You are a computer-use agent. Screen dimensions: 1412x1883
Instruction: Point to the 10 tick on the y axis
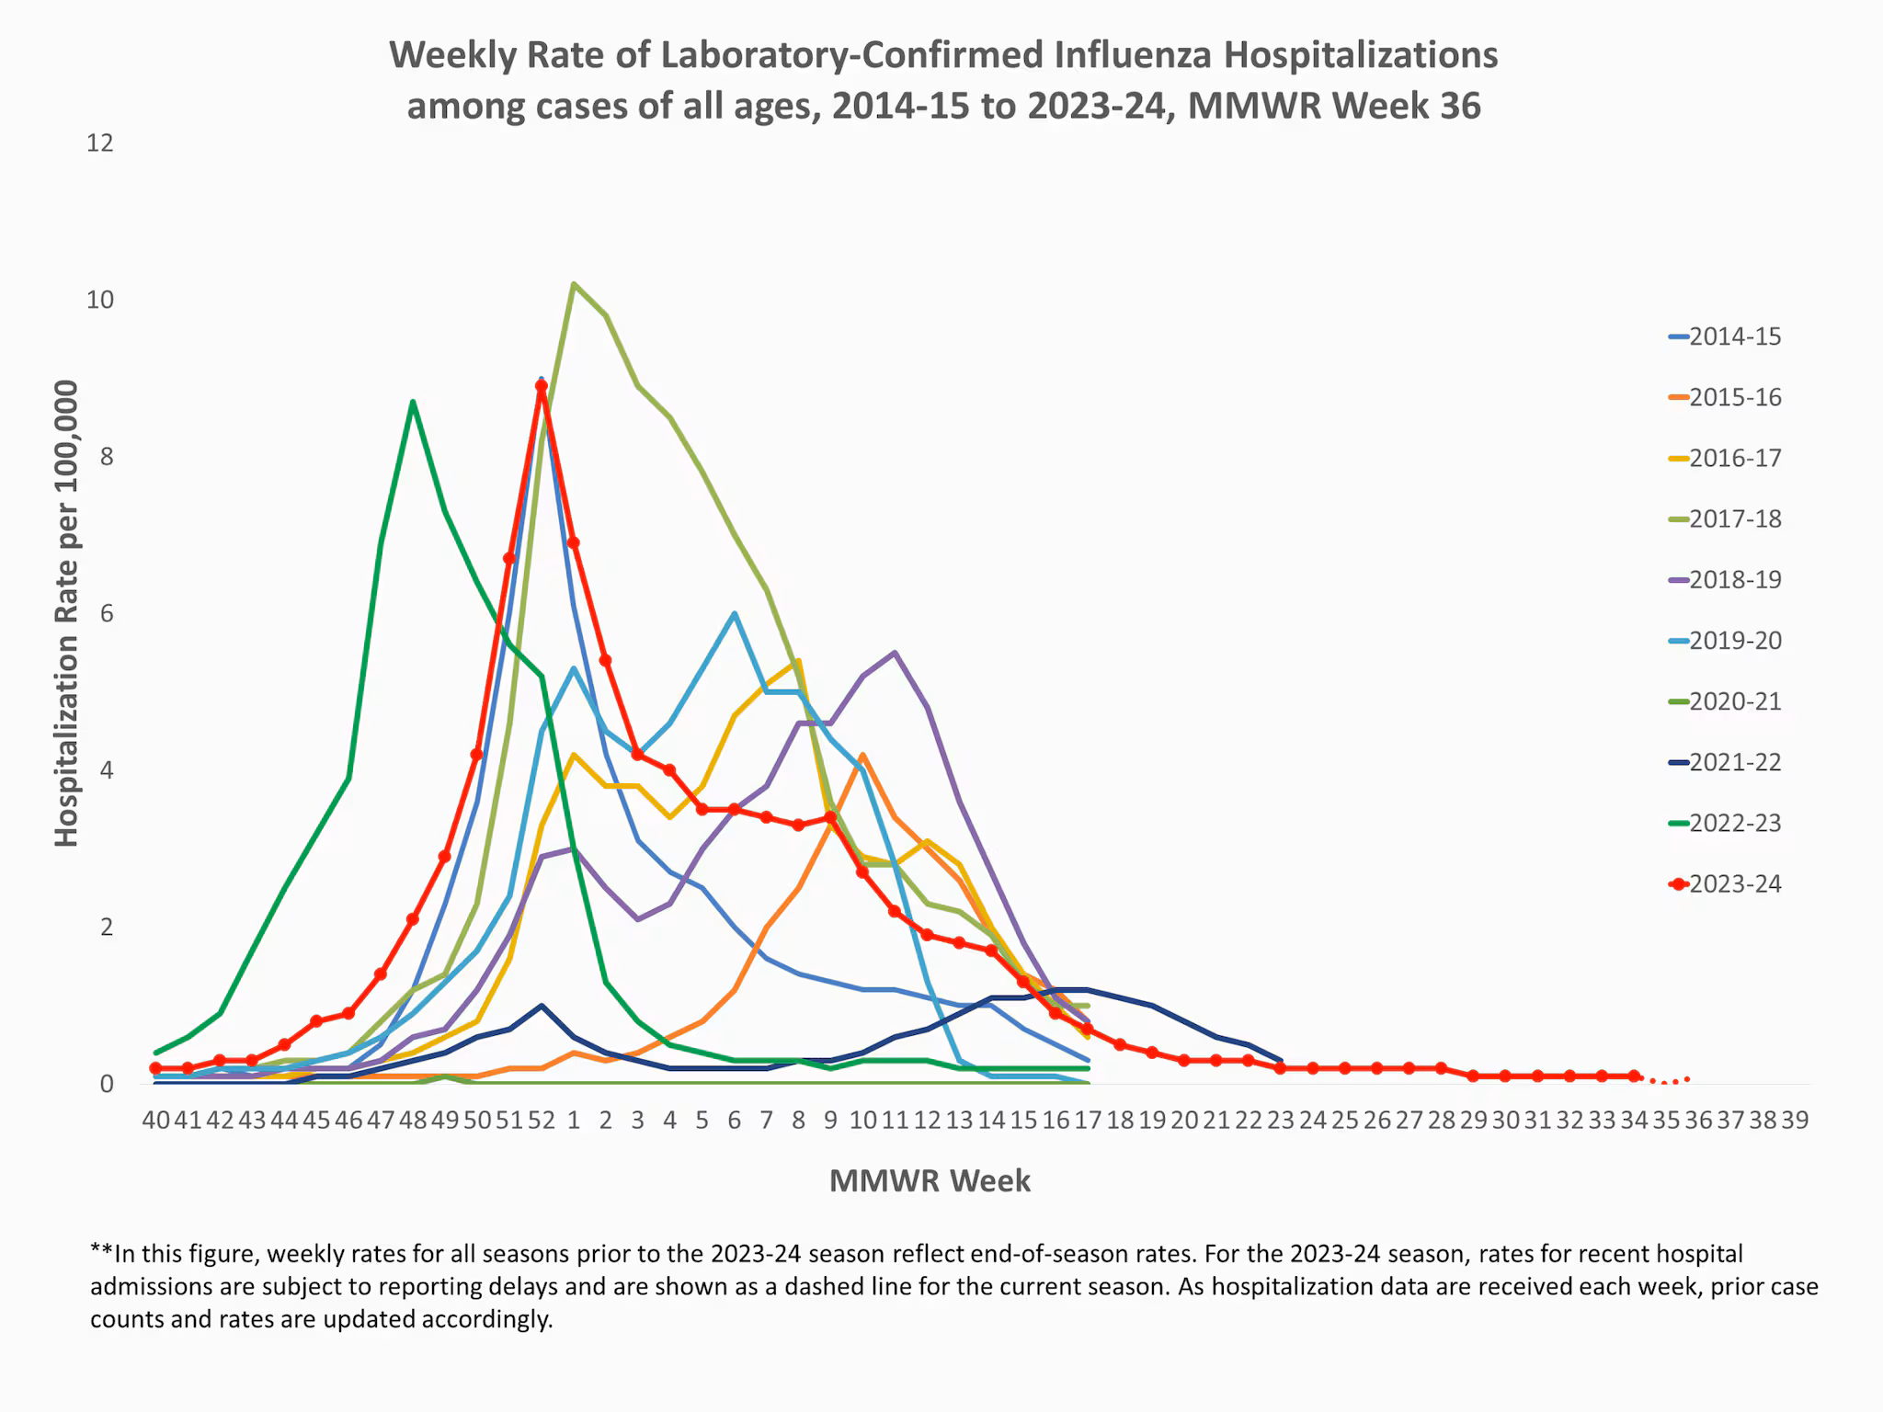pyautogui.click(x=100, y=300)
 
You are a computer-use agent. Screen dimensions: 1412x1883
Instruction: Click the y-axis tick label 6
pyautogui.click(x=107, y=613)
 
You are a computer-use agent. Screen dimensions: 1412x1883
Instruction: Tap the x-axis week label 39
pyautogui.click(x=1794, y=1121)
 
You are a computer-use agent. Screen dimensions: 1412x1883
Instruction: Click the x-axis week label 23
pyautogui.click(x=1280, y=1121)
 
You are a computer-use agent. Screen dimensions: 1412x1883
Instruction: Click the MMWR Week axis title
pyautogui.click(x=930, y=1181)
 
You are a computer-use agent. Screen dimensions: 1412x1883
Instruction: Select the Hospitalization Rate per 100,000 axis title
pyautogui.click(x=66, y=613)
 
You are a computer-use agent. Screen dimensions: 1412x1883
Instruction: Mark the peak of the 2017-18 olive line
pyautogui.click(x=573, y=284)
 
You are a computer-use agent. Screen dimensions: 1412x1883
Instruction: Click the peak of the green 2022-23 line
pyautogui.click(x=413, y=402)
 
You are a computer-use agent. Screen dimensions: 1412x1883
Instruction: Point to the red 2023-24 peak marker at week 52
pyautogui.click(x=542, y=387)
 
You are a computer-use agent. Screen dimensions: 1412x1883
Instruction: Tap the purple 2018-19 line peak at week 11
pyautogui.click(x=895, y=653)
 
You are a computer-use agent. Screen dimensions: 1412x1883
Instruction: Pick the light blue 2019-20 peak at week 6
pyautogui.click(x=734, y=613)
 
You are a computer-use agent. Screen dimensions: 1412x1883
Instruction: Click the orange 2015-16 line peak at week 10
pyautogui.click(x=862, y=756)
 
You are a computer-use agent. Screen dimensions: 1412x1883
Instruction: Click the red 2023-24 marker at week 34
pyautogui.click(x=1634, y=1076)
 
